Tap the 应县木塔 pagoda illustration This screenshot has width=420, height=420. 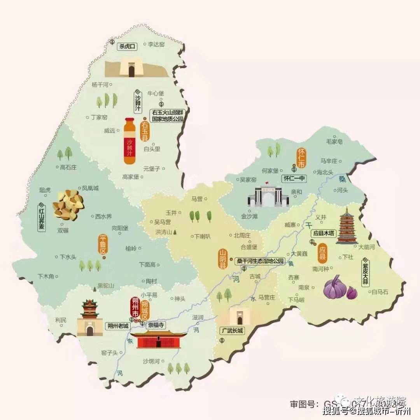(x=346, y=226)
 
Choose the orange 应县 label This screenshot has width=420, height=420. (x=322, y=254)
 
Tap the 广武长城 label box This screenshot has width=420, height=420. (x=232, y=331)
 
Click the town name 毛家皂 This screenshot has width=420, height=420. (x=334, y=142)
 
